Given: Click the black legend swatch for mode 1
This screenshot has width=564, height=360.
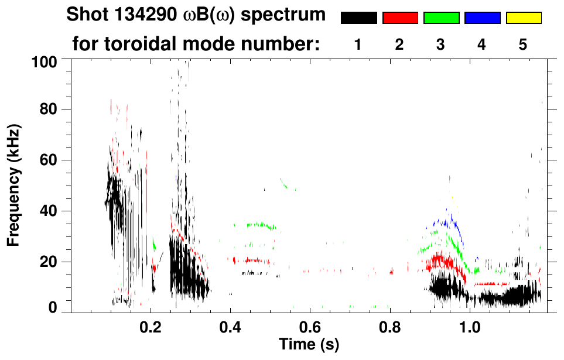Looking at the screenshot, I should tap(359, 18).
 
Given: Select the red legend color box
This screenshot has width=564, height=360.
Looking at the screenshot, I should tap(400, 18).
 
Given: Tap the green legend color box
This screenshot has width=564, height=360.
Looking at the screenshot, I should tap(441, 18).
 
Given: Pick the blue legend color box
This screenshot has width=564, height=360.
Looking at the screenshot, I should tap(482, 18).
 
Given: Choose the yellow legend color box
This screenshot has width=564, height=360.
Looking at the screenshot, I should tap(523, 18).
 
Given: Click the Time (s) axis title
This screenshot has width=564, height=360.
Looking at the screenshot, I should tap(308, 344).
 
